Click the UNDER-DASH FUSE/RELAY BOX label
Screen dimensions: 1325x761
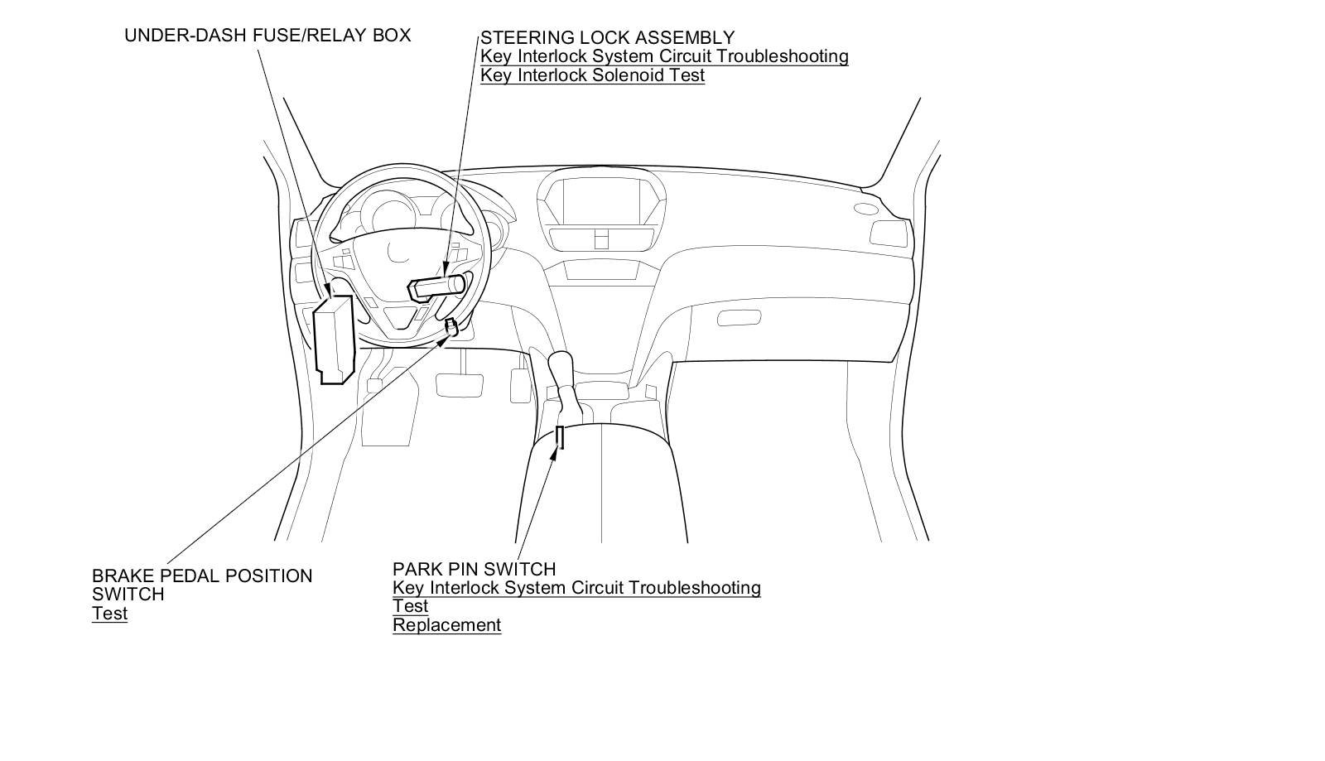click(267, 36)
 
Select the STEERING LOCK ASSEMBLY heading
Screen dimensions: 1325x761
click(607, 37)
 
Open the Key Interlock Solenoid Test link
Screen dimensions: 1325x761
click(592, 75)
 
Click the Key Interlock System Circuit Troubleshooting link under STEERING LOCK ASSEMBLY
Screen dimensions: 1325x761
click(664, 56)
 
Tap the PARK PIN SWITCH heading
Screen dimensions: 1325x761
click(474, 569)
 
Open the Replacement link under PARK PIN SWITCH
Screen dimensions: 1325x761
click(446, 625)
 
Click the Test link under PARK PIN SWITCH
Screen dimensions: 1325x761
click(410, 606)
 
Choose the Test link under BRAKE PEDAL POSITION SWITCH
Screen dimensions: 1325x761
click(109, 614)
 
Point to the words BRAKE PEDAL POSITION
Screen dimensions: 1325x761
click(202, 576)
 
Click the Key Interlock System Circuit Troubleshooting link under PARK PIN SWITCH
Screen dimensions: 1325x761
click(576, 588)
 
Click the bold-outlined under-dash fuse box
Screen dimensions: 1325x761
click(335, 340)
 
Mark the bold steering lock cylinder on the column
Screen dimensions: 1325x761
click(436, 287)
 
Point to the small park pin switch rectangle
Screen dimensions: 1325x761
click(560, 437)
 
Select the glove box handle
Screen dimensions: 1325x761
click(739, 317)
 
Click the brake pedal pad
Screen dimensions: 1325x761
click(459, 384)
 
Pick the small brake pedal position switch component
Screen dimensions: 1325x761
click(450, 327)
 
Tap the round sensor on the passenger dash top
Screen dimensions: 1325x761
click(865, 209)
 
